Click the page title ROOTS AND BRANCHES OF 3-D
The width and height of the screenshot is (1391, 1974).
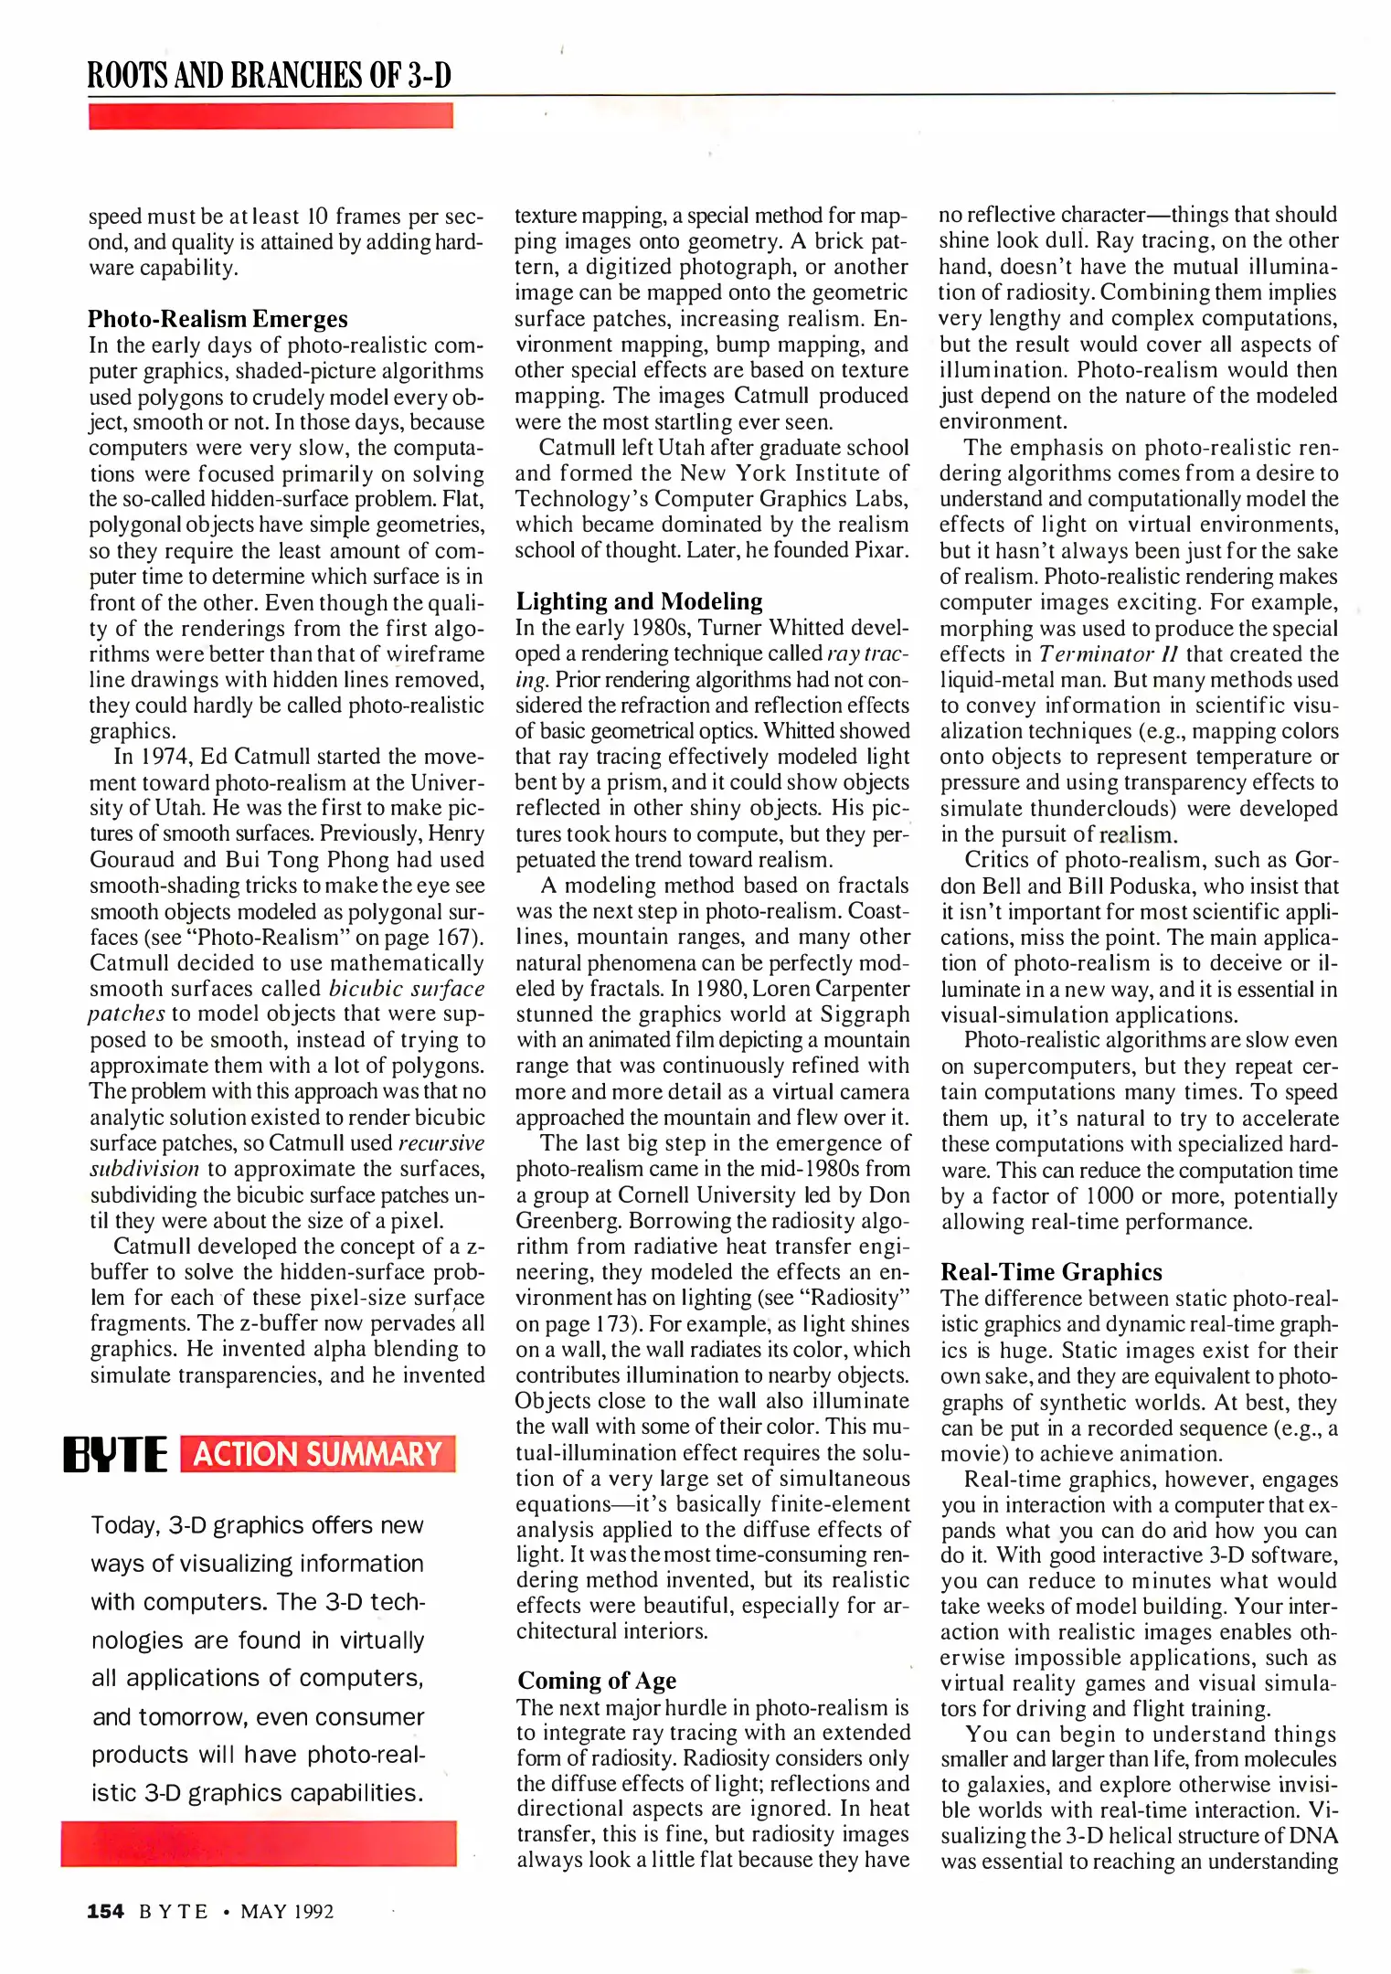[269, 75]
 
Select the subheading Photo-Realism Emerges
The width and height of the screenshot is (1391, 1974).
[218, 319]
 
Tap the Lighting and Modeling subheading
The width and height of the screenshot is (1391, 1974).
[639, 601]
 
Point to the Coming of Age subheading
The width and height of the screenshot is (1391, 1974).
[596, 1681]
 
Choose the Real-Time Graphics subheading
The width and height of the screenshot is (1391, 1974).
[1051, 1272]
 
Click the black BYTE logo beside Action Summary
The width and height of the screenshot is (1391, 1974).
[115, 1454]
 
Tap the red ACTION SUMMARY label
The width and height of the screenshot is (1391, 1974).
[317, 1454]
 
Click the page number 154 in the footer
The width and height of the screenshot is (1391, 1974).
[105, 1911]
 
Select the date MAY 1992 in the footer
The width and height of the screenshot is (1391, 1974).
[287, 1911]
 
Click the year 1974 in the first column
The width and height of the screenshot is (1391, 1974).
[163, 757]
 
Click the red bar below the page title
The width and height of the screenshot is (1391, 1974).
[271, 116]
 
